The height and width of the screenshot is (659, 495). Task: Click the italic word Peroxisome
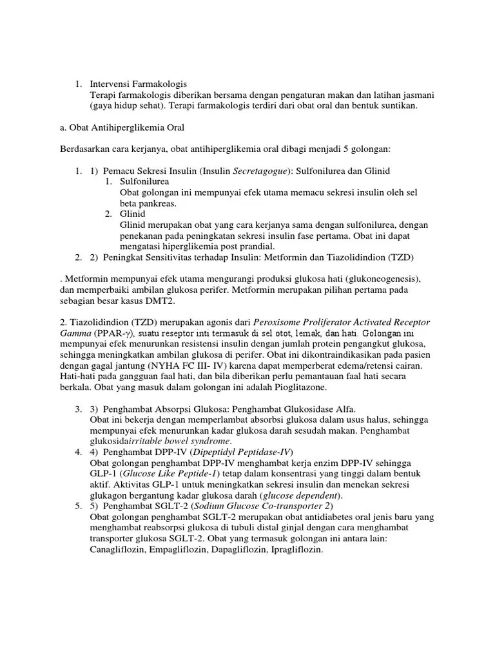pyautogui.click(x=279, y=322)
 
